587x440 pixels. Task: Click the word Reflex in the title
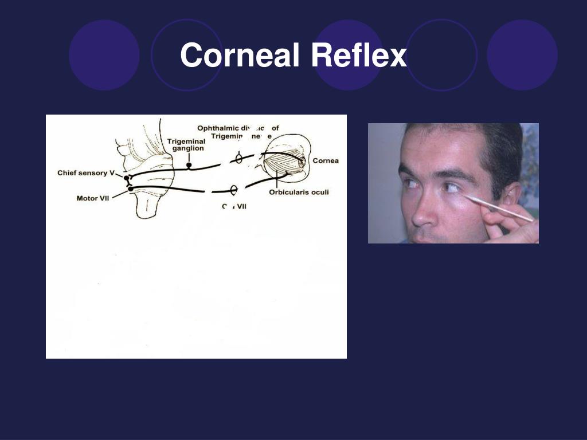(x=359, y=56)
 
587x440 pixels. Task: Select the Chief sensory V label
(x=86, y=172)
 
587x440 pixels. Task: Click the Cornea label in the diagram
(x=325, y=160)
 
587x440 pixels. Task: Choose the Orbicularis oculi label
(x=299, y=192)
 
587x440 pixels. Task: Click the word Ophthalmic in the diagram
(x=217, y=128)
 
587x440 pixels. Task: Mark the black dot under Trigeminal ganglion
(x=189, y=166)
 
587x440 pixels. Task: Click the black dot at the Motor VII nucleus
(x=131, y=188)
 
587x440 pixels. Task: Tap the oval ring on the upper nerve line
(x=239, y=158)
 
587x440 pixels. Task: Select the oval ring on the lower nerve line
(x=234, y=190)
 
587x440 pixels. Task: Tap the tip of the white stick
(x=465, y=196)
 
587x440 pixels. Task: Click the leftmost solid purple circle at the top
(x=104, y=54)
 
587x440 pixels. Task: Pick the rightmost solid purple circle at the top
(x=522, y=54)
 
